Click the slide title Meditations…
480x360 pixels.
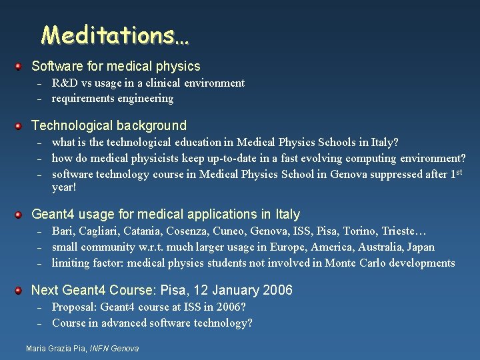pos(115,35)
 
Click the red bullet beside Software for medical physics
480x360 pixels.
pos(20,66)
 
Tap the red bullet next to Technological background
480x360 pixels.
pos(20,125)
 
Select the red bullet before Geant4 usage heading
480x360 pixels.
pos(20,214)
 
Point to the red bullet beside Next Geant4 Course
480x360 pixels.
pos(20,290)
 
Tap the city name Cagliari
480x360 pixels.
pos(101,231)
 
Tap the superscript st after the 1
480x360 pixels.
pos(458,171)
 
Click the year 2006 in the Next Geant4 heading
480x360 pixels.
pos(277,290)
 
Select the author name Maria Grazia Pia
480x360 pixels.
pos(55,349)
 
